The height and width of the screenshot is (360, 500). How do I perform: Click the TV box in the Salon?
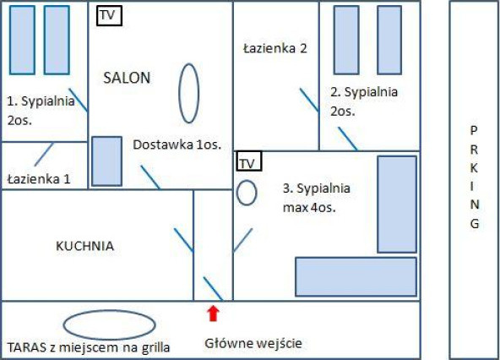[109, 15]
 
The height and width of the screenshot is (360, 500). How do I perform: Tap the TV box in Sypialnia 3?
[248, 161]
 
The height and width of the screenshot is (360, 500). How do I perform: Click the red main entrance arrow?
[213, 314]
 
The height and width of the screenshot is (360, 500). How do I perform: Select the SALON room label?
[127, 78]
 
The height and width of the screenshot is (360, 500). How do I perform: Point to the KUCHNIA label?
[84, 246]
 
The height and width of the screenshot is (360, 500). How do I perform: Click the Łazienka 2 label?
[274, 48]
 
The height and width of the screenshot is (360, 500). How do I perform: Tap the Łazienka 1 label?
[39, 178]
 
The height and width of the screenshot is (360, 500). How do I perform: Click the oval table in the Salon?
[189, 93]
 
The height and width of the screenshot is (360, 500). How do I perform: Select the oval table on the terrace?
[110, 325]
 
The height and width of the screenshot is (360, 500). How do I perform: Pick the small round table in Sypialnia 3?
[247, 193]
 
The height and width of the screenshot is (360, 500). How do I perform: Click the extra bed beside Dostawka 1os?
[106, 161]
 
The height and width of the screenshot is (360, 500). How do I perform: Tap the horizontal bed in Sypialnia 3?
[356, 276]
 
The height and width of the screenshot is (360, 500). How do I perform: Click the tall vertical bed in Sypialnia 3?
[397, 205]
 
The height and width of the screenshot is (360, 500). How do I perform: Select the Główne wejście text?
[253, 344]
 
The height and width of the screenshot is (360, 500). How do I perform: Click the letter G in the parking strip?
[475, 223]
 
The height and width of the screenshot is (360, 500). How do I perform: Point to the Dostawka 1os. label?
[177, 145]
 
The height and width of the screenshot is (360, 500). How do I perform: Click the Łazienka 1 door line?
[44, 155]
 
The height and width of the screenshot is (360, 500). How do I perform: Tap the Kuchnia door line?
[183, 240]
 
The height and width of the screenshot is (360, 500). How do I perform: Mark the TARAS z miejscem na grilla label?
[89, 347]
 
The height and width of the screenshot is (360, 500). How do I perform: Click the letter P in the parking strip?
[474, 130]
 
